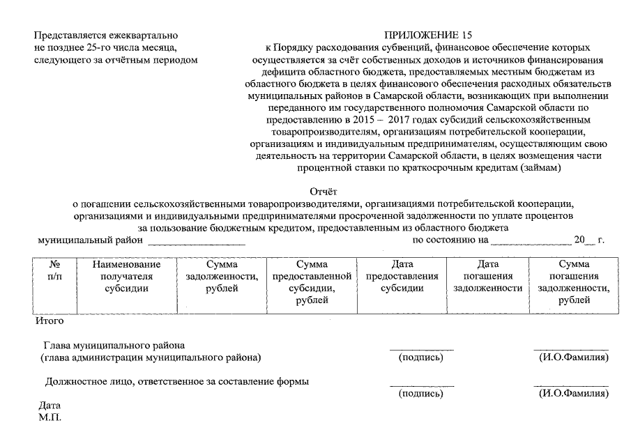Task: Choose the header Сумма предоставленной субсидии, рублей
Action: click(312, 282)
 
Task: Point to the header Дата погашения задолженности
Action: click(487, 276)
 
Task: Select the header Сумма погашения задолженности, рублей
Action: click(574, 282)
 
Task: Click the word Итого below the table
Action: click(50, 321)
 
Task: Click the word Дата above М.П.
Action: click(50, 406)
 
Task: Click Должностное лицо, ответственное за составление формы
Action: click(177, 381)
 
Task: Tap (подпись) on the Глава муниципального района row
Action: click(421, 357)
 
